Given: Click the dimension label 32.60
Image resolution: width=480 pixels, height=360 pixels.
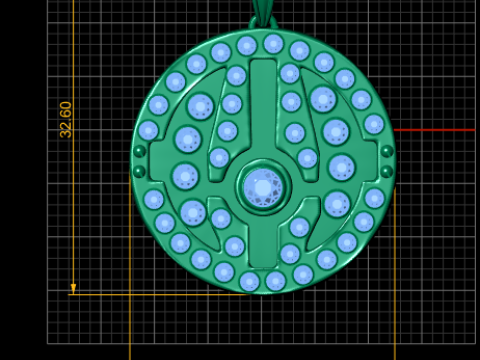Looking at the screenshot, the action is click(x=66, y=120).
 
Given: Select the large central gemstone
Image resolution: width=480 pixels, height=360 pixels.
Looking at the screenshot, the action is click(x=263, y=188).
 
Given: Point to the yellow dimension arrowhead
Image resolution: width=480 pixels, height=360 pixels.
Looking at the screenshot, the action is click(x=73, y=289).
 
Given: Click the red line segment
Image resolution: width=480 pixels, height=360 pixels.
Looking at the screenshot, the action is click(x=434, y=130).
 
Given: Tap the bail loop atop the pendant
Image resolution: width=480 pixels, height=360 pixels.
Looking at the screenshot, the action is click(x=263, y=22).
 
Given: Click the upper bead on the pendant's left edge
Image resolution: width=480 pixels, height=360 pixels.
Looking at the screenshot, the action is click(x=139, y=151).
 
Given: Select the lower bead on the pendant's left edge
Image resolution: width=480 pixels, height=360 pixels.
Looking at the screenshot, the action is click(x=139, y=172).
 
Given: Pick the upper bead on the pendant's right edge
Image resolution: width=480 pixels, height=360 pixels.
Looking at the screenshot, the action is click(x=387, y=151).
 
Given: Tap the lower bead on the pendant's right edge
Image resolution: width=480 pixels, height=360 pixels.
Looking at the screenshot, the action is click(x=387, y=172).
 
